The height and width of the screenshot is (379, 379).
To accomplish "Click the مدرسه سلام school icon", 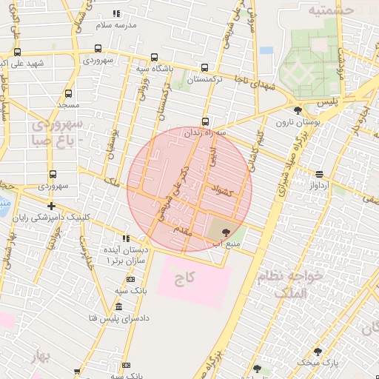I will [x=116, y=14].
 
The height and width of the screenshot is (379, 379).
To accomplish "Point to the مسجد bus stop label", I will [x=68, y=107].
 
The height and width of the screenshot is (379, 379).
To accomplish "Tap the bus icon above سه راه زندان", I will [x=205, y=121].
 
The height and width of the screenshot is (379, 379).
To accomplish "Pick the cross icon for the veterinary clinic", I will [x=50, y=206].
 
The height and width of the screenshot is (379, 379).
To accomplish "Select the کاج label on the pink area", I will [x=184, y=279].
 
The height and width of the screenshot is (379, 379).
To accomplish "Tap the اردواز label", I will [x=319, y=185].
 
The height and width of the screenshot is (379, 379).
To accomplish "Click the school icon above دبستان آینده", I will [x=127, y=239].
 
